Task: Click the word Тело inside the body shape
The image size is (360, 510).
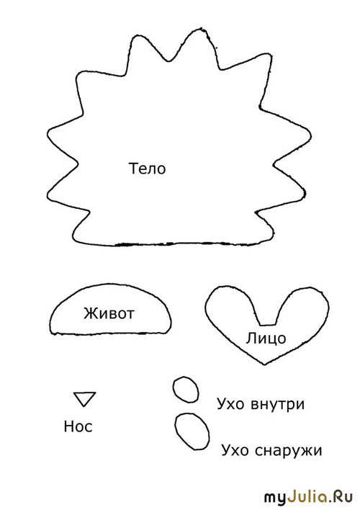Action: (148, 169)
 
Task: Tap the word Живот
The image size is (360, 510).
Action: (109, 313)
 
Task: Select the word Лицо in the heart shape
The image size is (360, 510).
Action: (266, 339)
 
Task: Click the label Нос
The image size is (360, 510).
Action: (78, 426)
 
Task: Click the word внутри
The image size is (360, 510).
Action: (278, 404)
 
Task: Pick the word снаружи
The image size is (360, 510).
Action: (289, 451)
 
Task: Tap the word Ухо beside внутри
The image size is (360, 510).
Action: (230, 404)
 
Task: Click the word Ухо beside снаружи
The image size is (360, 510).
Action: (235, 451)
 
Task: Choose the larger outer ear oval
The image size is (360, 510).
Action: (176, 433)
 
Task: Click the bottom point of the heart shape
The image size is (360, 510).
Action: (264, 364)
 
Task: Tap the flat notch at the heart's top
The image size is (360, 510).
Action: (267, 325)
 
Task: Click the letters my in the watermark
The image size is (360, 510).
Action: (275, 499)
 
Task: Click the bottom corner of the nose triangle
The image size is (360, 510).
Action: (84, 406)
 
